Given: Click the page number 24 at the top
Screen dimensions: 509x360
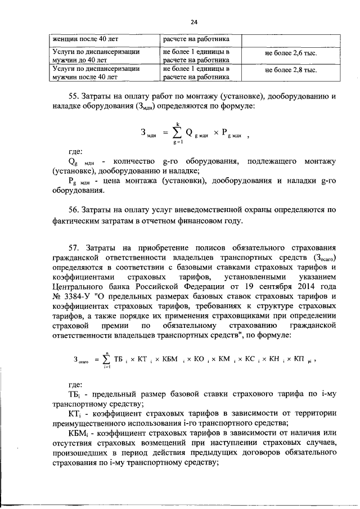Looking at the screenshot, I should pos(194,22).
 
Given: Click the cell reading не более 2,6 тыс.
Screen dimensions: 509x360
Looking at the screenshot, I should pos(290,53).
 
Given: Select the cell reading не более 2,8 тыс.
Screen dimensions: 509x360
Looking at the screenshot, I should pos(290,71).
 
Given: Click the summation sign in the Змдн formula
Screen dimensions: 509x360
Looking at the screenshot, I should pos(178,133).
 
